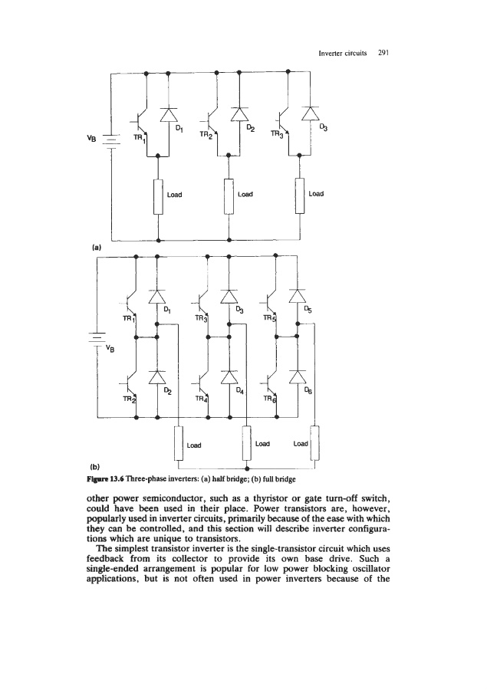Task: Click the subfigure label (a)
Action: [x=96, y=248]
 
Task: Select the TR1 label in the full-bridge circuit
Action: [x=128, y=317]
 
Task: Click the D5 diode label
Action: [x=308, y=311]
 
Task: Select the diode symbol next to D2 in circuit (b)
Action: [x=156, y=376]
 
